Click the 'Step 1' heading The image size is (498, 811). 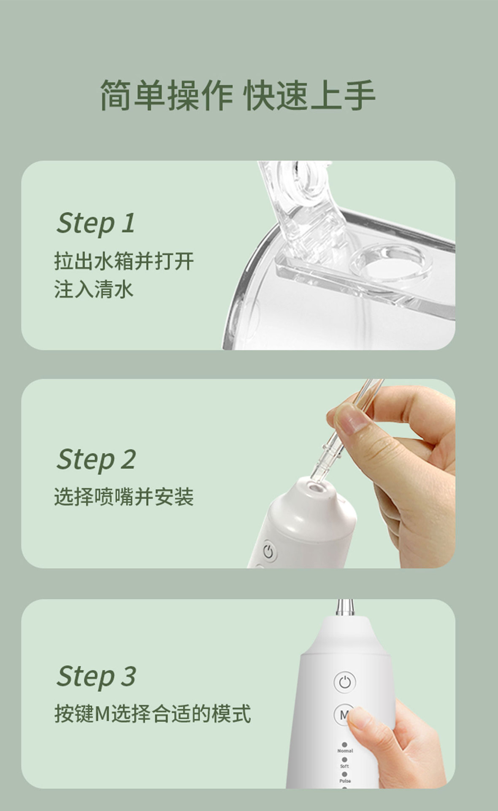[96, 223]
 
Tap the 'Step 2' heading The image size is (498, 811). [96, 459]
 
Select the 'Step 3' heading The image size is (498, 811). [96, 676]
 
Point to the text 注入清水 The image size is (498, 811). [94, 289]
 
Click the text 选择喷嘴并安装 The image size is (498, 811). [124, 497]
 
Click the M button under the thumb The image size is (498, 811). [344, 714]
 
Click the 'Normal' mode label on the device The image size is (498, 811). [345, 751]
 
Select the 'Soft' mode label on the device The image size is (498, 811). [344, 766]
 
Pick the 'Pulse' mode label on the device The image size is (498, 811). [345, 781]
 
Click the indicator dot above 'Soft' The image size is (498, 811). [344, 759]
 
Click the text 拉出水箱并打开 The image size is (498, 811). [124, 261]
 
